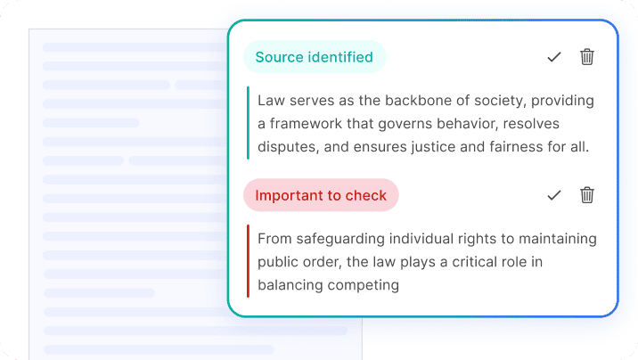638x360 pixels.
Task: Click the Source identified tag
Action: pos(315,57)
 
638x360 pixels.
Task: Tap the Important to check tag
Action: pos(321,195)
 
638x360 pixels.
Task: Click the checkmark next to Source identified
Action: pos(554,57)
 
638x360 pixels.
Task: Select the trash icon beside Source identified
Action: pos(586,57)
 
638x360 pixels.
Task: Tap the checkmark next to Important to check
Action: pos(554,195)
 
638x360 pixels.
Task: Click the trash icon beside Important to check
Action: pos(586,195)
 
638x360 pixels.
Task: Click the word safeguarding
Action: pos(340,239)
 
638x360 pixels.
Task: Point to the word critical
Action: pos(477,262)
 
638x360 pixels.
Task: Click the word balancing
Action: pos(290,285)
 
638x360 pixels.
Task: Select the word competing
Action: pos(364,285)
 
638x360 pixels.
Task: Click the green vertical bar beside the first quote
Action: pos(248,123)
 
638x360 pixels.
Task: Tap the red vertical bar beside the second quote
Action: pos(248,261)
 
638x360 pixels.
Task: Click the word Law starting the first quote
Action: pos(271,100)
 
